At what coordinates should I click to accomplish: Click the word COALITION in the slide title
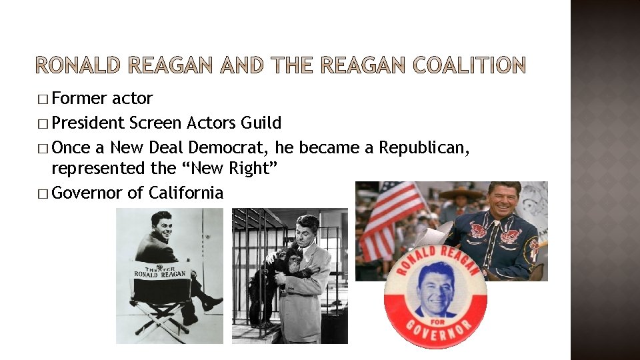point(469,65)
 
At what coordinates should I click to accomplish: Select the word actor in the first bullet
point(133,99)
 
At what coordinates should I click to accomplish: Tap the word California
point(186,193)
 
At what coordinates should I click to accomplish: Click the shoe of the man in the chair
point(211,303)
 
